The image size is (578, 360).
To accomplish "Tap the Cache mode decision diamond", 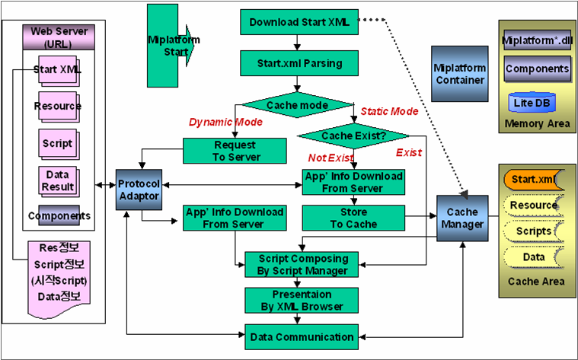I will coord(297,104).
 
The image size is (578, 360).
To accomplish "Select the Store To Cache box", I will coord(352,218).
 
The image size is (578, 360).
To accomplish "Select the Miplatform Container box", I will coord(459,74).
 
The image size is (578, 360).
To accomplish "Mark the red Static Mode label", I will coord(388,111).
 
